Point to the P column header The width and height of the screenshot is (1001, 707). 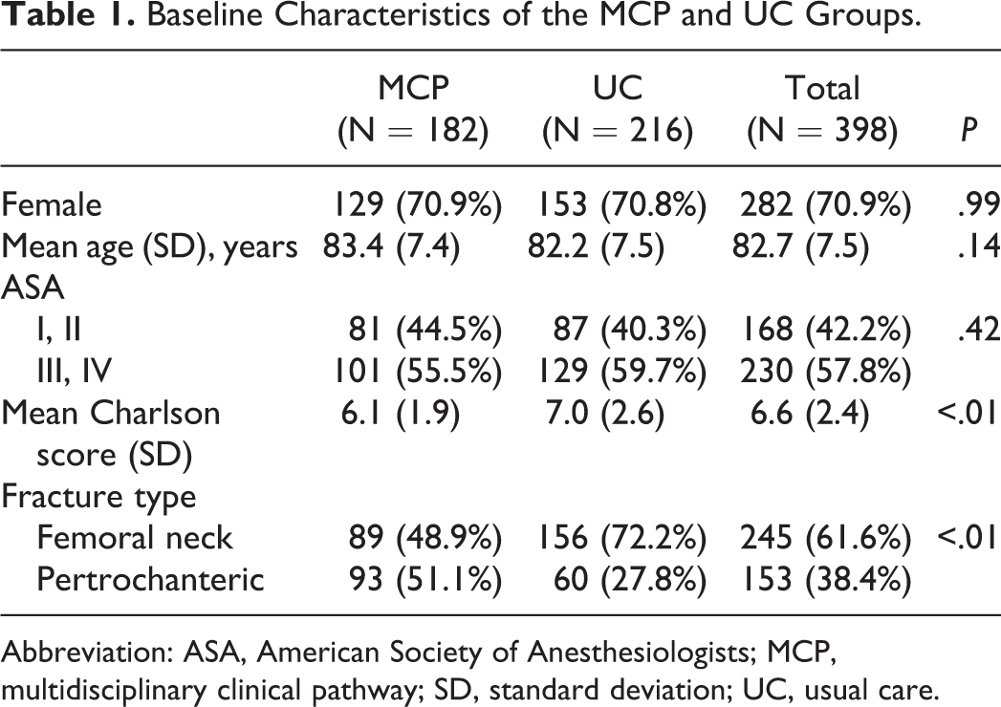(969, 130)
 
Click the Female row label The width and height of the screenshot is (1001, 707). (52, 204)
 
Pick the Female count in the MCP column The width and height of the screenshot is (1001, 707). (418, 204)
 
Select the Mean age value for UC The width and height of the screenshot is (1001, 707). (596, 246)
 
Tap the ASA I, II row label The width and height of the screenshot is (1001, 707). (58, 331)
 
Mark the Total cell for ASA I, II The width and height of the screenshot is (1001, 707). (825, 330)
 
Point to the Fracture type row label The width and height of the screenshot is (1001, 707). (98, 497)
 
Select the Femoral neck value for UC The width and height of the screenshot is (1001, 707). (622, 538)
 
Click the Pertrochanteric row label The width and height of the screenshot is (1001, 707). (150, 579)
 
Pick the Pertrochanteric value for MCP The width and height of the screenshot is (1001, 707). (425, 579)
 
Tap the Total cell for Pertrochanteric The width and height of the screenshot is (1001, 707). (825, 579)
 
